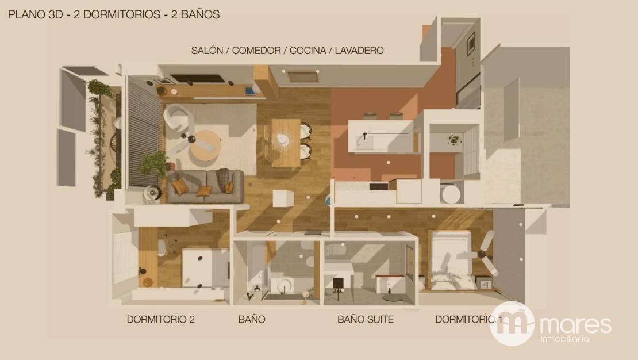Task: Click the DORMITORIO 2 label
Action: [x=161, y=319]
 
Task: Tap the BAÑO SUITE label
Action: [x=366, y=319]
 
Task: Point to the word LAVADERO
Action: [x=359, y=51]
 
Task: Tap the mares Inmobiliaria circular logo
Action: [x=512, y=324]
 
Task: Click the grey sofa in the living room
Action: [x=206, y=186]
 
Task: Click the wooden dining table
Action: [x=286, y=143]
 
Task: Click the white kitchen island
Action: [x=381, y=136]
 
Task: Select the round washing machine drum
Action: [x=451, y=194]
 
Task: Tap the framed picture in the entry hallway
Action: [x=471, y=44]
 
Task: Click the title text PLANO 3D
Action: [x=36, y=14]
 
